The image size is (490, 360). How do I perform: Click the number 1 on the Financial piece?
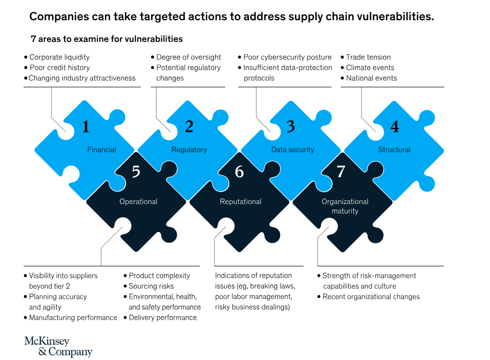coord(86,127)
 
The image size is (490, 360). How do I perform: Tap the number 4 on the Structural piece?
coord(395,127)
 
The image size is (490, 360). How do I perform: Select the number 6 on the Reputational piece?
coord(239,171)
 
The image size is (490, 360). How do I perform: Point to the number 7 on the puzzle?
coord(341,171)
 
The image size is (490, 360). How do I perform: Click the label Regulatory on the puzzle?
coord(189,150)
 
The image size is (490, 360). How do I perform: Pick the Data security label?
coord(293,150)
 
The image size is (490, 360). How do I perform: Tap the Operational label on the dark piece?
coord(139,202)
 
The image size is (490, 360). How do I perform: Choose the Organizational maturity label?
coord(345,206)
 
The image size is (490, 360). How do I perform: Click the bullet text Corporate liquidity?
coord(60,57)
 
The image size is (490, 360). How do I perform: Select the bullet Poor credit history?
coord(60,68)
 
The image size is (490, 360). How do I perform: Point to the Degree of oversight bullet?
coord(189,57)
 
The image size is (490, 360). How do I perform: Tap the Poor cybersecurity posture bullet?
coord(287,57)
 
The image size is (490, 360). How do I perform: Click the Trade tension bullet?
coord(368,57)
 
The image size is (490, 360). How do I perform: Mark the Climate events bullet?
coord(370,68)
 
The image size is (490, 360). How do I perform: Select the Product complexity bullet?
coord(159,276)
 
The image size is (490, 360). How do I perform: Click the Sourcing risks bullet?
coord(151,286)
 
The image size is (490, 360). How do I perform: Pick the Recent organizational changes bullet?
coord(371,296)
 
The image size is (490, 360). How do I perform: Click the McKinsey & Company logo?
coord(58,347)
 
